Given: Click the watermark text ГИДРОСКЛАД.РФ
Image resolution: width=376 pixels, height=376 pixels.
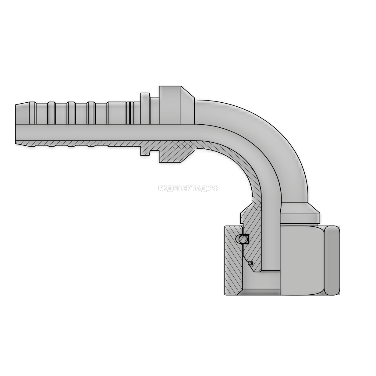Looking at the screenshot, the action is coord(188,189).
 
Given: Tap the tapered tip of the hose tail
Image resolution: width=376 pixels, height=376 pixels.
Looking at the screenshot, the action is coord(23,113).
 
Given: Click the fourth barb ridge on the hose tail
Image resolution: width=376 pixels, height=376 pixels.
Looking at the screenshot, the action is coord(91,113).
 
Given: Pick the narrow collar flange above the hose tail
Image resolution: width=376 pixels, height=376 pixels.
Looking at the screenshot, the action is coord(145,108).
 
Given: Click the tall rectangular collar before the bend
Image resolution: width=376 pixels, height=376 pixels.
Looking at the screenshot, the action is coord(170,105).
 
